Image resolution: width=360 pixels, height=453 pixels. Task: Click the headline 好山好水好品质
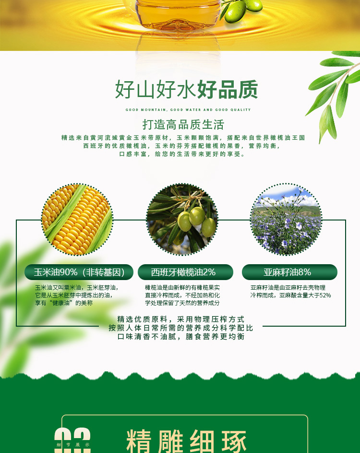[x=186, y=89]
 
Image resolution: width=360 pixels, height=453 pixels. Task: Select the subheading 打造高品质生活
[x=183, y=124]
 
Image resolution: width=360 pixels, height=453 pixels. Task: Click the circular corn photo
[x=77, y=219]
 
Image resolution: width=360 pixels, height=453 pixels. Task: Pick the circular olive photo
[x=182, y=219]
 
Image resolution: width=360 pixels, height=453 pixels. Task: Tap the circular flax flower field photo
[x=286, y=219]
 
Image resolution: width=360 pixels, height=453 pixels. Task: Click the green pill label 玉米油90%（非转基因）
[x=79, y=272]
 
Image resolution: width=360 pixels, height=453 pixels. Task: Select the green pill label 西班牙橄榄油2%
[x=185, y=272]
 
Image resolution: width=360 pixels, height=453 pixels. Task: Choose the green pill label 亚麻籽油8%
[x=289, y=272]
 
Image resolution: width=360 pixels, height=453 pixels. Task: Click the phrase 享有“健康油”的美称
[x=64, y=303]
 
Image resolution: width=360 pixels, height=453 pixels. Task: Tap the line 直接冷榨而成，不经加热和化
[x=182, y=295]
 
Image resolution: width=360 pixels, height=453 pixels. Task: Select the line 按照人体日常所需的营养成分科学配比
[x=181, y=328]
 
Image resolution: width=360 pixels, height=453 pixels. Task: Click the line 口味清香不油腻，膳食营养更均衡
[x=181, y=337]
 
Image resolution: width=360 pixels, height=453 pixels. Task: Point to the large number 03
[x=72, y=440]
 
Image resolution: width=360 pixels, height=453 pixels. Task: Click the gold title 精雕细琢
[x=187, y=441]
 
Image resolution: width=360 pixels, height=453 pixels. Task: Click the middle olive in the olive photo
[x=197, y=216]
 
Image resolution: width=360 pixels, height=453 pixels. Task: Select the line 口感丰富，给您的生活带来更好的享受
[x=182, y=154]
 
